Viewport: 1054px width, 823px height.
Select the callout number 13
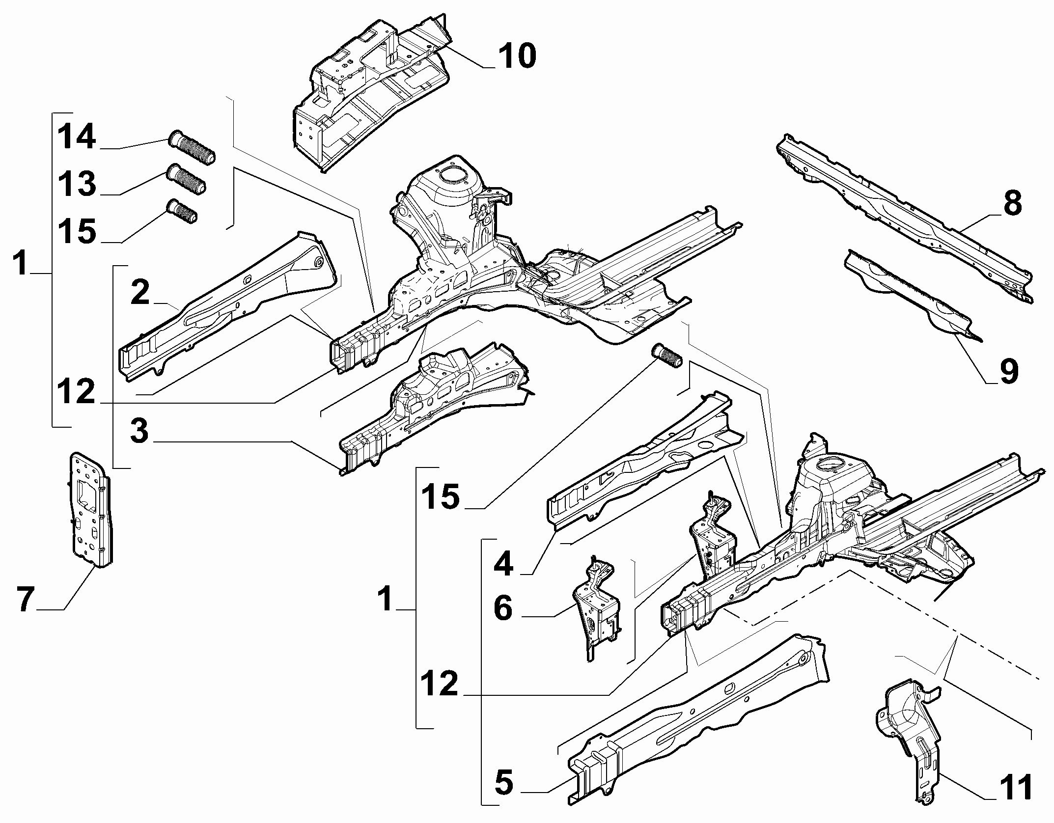[x=77, y=184]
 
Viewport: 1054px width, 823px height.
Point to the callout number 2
[x=140, y=293]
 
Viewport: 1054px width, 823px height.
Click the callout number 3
[x=139, y=431]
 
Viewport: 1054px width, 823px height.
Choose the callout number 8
[x=1012, y=203]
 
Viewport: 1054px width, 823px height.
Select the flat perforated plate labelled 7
[x=90, y=510]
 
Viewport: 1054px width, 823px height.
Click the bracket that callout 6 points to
[x=596, y=608]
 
